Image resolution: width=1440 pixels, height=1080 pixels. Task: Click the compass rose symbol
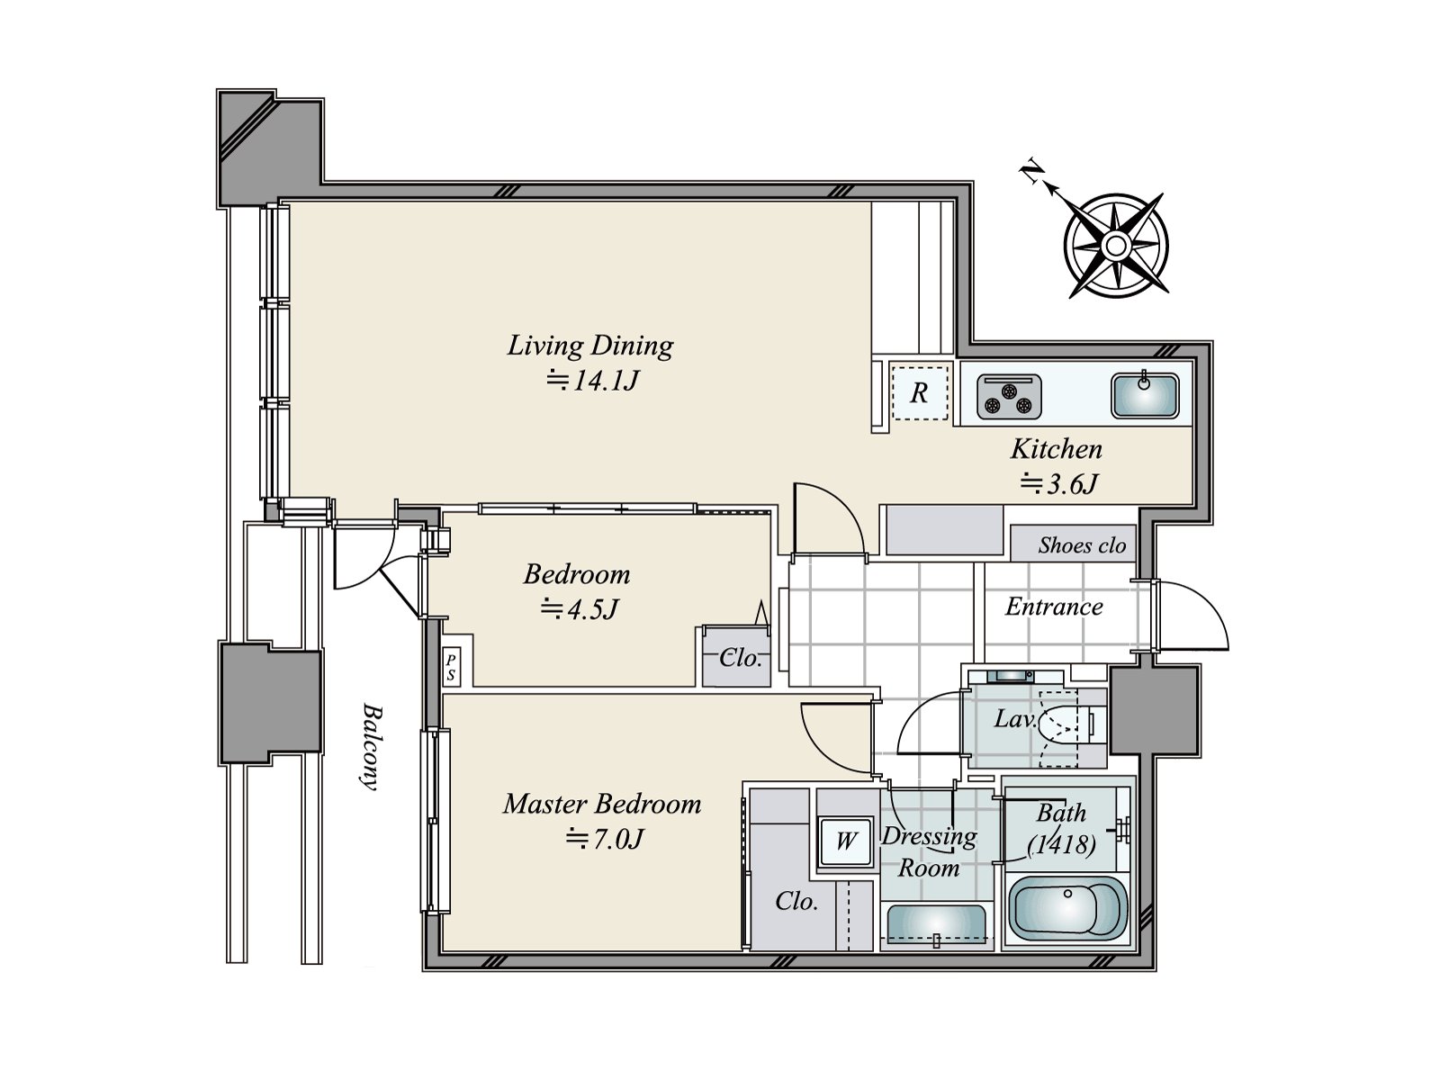pos(1114,246)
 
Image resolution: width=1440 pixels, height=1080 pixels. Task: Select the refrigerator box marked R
pos(919,392)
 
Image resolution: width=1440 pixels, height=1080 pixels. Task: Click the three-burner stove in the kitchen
pos(1009,397)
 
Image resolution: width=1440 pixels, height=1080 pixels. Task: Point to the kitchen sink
pos(1145,395)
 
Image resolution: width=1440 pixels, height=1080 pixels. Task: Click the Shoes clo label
pos(1081,544)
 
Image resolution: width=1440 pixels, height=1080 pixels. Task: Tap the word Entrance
pos(1054,607)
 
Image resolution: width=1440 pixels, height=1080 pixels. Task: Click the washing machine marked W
pos(846,840)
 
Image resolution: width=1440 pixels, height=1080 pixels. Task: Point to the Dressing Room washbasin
pos(936,926)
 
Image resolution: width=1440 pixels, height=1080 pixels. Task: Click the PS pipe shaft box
pos(451,668)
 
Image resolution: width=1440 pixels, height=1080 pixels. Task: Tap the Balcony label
pos(372,747)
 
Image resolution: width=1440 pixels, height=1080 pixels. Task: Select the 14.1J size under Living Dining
pos(592,380)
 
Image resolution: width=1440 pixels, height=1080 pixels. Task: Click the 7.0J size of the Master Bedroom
pos(604,838)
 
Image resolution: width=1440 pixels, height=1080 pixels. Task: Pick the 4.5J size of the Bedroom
pos(580,609)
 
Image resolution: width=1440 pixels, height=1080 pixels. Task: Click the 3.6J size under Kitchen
pos(1058,484)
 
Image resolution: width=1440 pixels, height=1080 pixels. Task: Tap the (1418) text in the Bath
pos(1061,844)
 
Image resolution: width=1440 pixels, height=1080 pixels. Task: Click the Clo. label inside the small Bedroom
pos(741,658)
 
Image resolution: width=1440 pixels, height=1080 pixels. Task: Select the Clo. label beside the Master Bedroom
pos(796,901)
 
